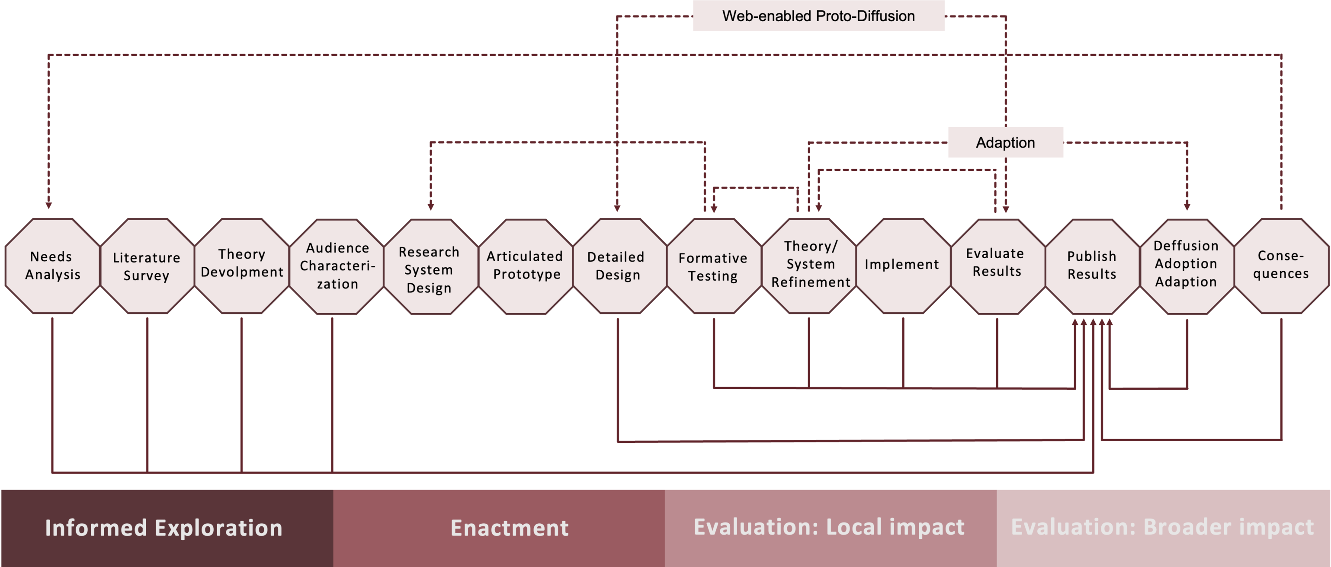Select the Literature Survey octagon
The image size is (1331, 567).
(x=147, y=266)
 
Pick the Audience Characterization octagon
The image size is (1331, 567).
(x=337, y=266)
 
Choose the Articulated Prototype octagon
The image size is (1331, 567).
(x=526, y=266)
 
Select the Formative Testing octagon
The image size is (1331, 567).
(x=713, y=266)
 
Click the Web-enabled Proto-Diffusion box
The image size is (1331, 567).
(x=818, y=16)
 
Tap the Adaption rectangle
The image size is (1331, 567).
(x=1005, y=143)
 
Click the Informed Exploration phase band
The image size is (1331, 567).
(x=164, y=528)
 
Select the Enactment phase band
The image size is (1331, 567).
(x=510, y=528)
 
